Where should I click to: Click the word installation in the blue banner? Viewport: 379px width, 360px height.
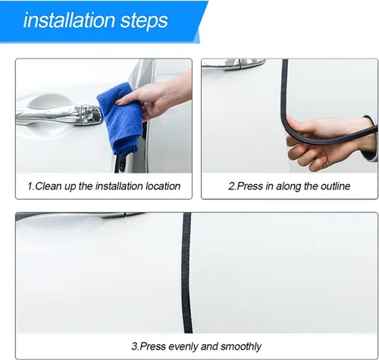(69, 20)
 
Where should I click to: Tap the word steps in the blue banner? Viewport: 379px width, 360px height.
(144, 21)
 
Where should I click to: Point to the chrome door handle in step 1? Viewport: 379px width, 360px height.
(59, 115)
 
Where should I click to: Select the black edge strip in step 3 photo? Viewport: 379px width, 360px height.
(186, 273)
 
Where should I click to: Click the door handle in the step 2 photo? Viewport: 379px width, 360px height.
(233, 64)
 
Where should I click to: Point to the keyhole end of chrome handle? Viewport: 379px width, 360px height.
(92, 115)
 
